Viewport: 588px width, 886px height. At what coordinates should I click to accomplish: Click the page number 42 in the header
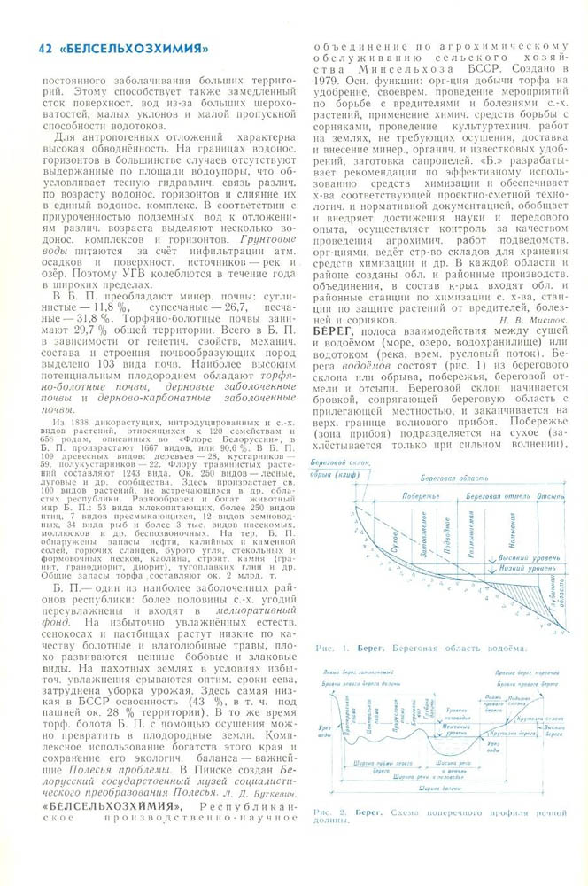[36, 48]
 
